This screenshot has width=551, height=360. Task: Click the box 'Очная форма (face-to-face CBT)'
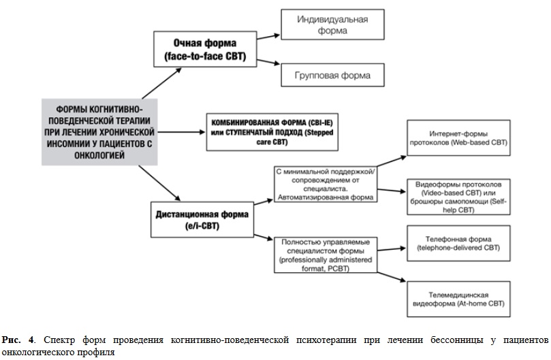(x=205, y=49)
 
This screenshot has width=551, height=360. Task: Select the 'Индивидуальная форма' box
(x=332, y=24)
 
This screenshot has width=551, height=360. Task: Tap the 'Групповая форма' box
(x=332, y=75)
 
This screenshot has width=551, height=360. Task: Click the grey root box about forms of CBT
(x=99, y=132)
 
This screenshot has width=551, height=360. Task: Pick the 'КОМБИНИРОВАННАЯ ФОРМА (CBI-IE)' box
(x=272, y=132)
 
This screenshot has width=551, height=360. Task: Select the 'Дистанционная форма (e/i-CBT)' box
(x=202, y=220)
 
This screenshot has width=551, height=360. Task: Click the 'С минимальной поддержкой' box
(x=326, y=184)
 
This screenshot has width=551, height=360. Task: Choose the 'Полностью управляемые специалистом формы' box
(x=326, y=255)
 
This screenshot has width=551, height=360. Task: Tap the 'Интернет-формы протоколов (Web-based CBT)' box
(x=458, y=137)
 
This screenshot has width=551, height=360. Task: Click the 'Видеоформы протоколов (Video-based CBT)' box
(x=458, y=197)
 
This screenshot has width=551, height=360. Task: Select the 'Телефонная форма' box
(x=458, y=244)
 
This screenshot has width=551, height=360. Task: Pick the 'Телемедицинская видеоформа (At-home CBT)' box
(x=458, y=299)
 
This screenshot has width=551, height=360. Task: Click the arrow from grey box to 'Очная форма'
(x=161, y=83)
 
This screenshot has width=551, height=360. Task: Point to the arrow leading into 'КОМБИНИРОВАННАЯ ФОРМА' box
(x=181, y=132)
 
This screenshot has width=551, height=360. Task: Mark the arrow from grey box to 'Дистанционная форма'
(x=159, y=183)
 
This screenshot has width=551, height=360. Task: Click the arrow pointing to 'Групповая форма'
(x=268, y=62)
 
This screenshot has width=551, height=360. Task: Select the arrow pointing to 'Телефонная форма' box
(x=392, y=249)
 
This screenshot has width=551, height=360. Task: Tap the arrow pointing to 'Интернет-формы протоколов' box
(x=392, y=161)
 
